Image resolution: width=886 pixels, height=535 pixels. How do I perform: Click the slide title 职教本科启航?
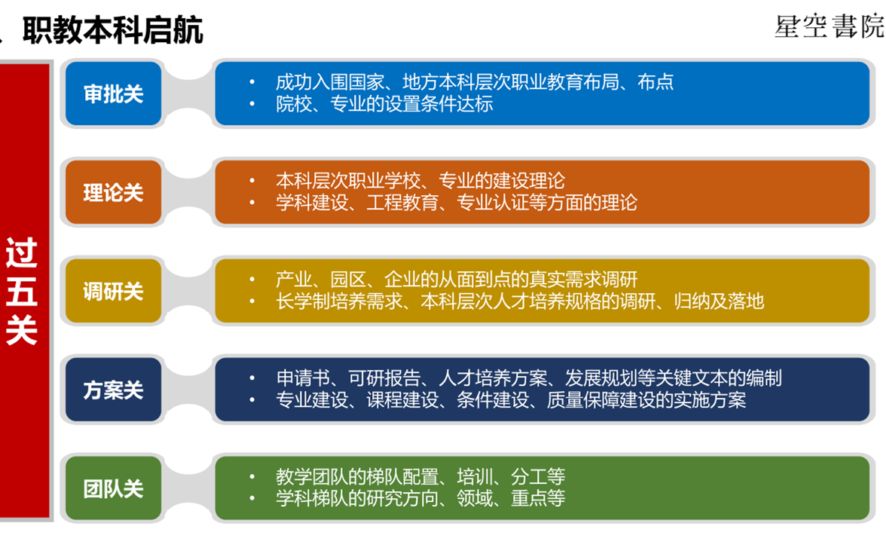click(x=112, y=29)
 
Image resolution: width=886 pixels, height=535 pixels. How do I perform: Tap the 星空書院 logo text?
click(x=829, y=26)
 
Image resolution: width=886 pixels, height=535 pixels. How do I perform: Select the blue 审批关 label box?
click(x=113, y=93)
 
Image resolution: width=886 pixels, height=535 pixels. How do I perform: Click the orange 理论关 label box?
click(x=113, y=192)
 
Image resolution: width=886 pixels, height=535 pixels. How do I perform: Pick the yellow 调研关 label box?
click(x=113, y=291)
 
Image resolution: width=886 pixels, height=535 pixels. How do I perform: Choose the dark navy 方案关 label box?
click(x=113, y=390)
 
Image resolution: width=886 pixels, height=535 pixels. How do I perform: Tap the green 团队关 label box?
click(x=113, y=488)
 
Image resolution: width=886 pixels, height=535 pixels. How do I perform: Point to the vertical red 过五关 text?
click(x=21, y=291)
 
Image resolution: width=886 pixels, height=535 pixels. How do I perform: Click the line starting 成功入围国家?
click(x=474, y=82)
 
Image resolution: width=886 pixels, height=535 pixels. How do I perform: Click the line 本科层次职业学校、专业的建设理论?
click(x=420, y=181)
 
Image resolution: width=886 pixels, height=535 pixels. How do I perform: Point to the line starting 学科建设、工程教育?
click(x=457, y=203)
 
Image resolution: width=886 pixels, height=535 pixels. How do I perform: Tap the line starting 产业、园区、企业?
click(x=457, y=279)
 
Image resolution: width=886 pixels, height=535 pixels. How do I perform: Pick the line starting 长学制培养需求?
click(x=520, y=301)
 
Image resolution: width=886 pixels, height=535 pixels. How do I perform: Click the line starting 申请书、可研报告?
click(x=529, y=378)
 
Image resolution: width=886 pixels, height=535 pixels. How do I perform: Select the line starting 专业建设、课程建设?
click(x=511, y=400)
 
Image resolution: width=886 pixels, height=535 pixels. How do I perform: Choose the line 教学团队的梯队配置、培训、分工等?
click(x=420, y=477)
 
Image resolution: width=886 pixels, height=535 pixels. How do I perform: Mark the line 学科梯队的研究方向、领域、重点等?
click(x=420, y=498)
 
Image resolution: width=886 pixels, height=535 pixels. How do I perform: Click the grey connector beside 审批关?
click(x=188, y=93)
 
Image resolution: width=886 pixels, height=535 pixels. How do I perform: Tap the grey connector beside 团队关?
click(x=188, y=488)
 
